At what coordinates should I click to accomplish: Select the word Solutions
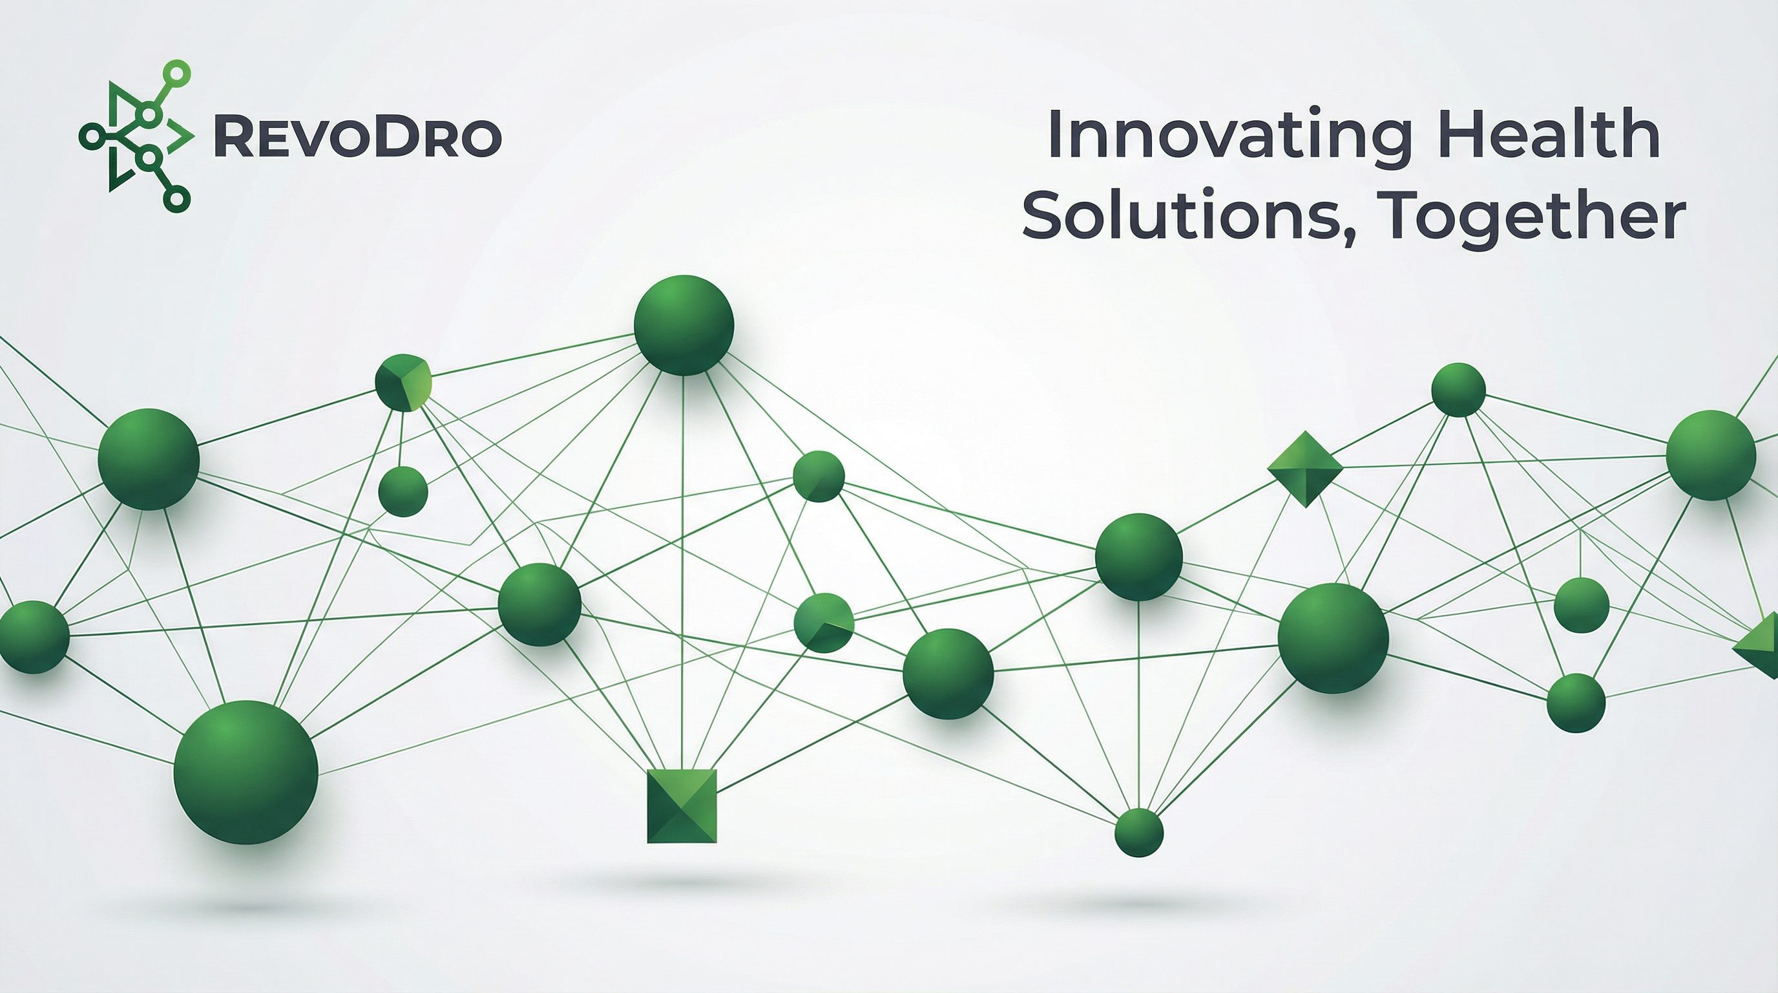point(1178,213)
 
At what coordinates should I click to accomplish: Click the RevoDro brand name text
point(357,138)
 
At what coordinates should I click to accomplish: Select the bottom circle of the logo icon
point(176,199)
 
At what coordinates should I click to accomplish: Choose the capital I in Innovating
point(1053,135)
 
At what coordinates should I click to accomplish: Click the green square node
point(682,806)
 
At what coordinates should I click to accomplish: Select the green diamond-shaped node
point(1305,469)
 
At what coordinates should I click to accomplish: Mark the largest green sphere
point(246,772)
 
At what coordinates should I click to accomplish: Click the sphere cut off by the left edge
point(33,637)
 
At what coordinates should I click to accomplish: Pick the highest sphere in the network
point(684,325)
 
